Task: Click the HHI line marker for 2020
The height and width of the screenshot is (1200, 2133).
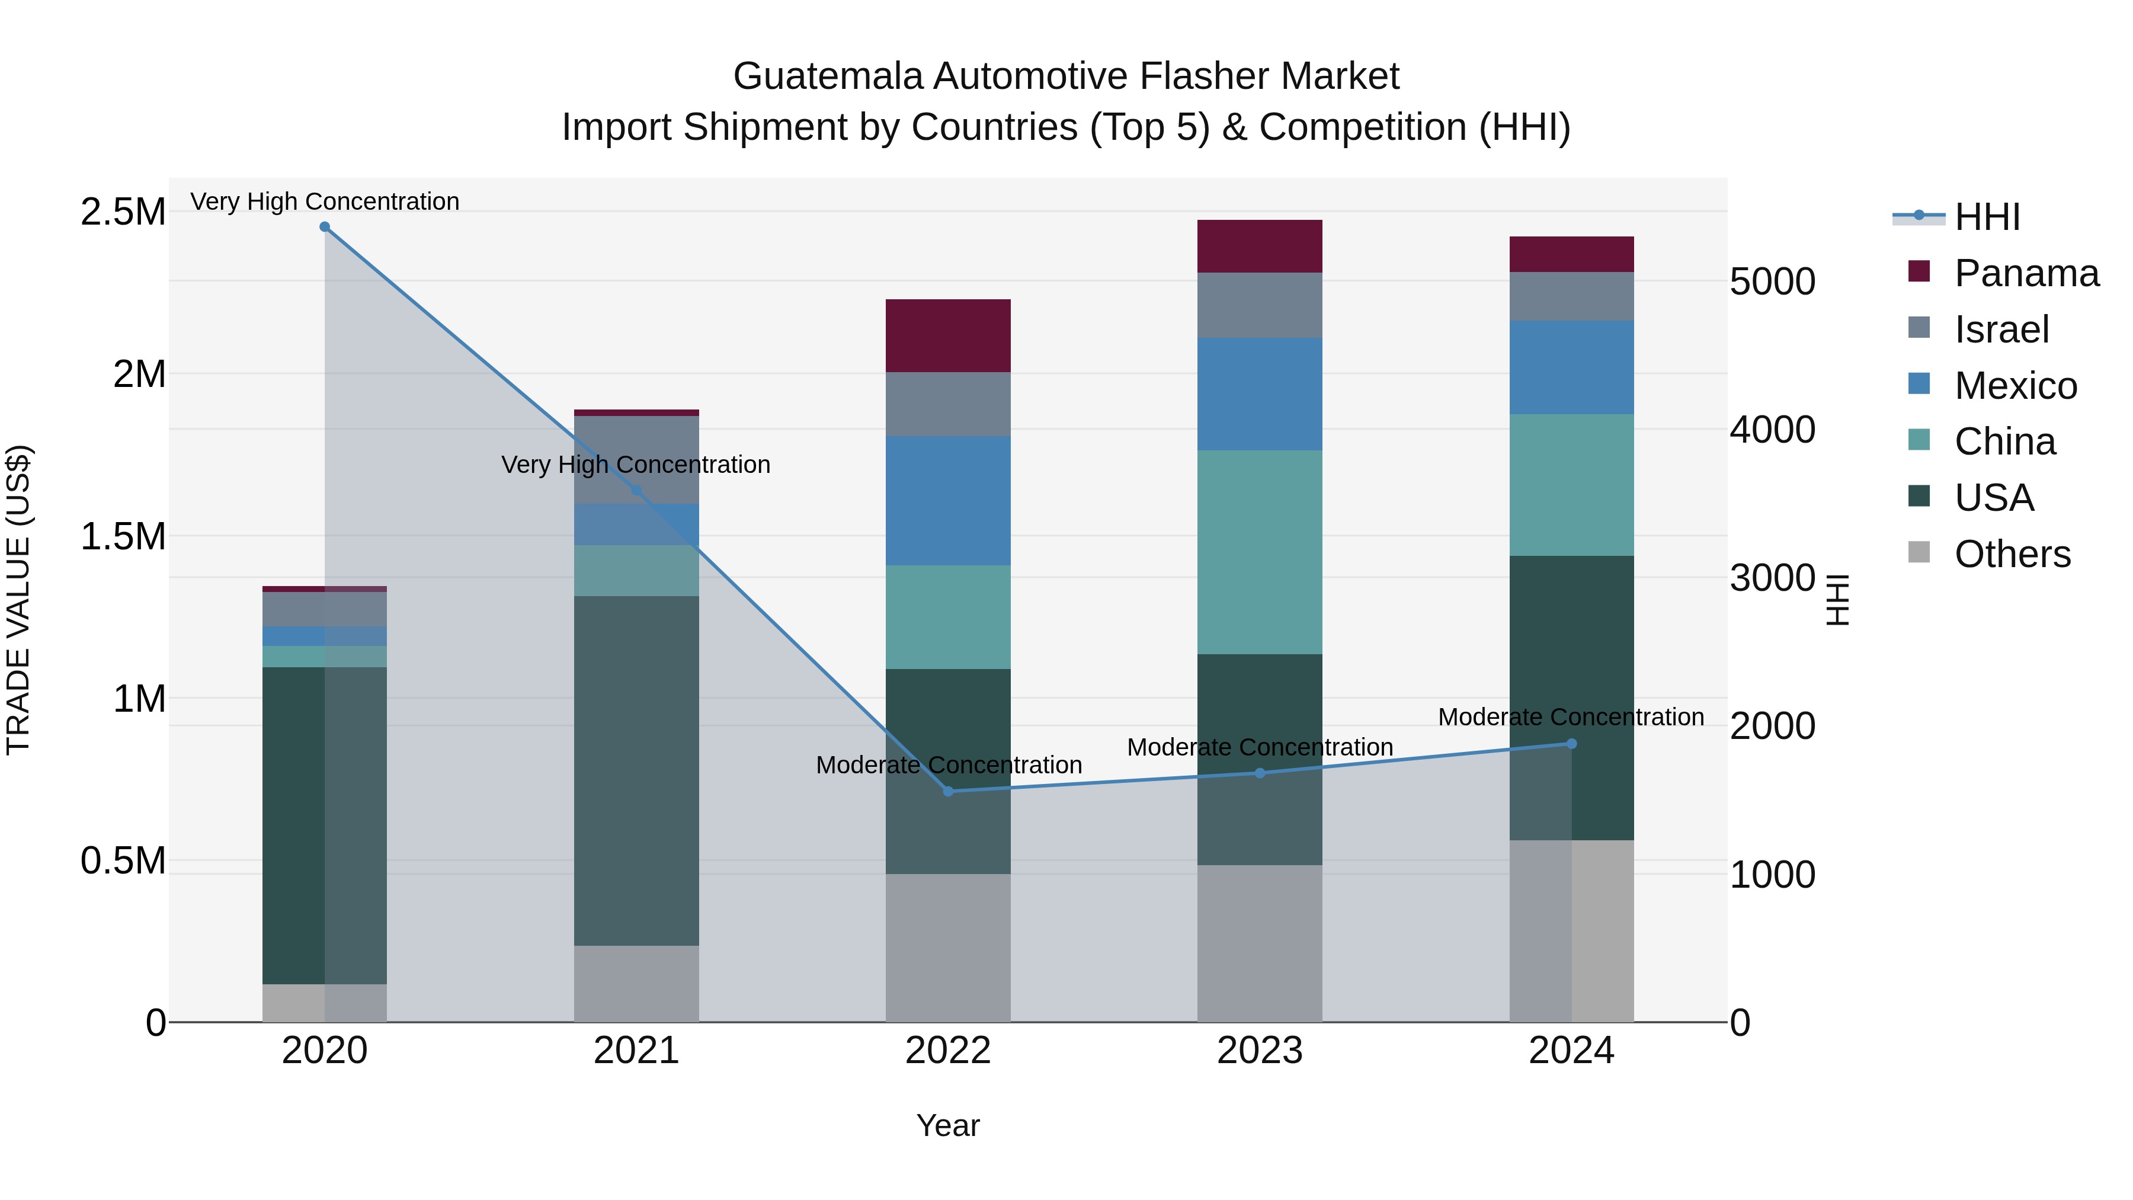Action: click(325, 227)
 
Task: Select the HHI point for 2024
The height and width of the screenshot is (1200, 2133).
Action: click(1571, 744)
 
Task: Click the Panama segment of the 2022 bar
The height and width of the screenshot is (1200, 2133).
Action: click(948, 335)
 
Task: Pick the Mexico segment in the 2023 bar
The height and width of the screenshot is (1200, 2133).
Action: click(1260, 394)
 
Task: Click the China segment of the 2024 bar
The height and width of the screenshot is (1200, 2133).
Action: click(1571, 485)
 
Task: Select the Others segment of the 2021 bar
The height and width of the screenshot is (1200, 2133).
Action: click(636, 984)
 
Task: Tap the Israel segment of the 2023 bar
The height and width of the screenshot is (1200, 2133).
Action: click(1260, 305)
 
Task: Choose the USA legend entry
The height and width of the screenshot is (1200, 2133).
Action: click(1993, 498)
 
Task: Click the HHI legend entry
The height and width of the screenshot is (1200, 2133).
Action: click(1987, 217)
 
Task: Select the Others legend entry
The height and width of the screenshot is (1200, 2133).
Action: click(2012, 554)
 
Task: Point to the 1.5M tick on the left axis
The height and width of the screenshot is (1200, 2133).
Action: click(123, 537)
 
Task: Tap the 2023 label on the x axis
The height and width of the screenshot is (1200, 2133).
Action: click(1260, 1051)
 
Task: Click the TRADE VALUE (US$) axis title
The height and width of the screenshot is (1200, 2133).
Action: click(18, 600)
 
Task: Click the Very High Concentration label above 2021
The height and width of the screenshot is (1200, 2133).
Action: click(636, 465)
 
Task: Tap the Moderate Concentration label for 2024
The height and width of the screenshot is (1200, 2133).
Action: click(1571, 717)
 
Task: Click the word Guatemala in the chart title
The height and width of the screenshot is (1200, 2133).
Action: click(828, 76)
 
